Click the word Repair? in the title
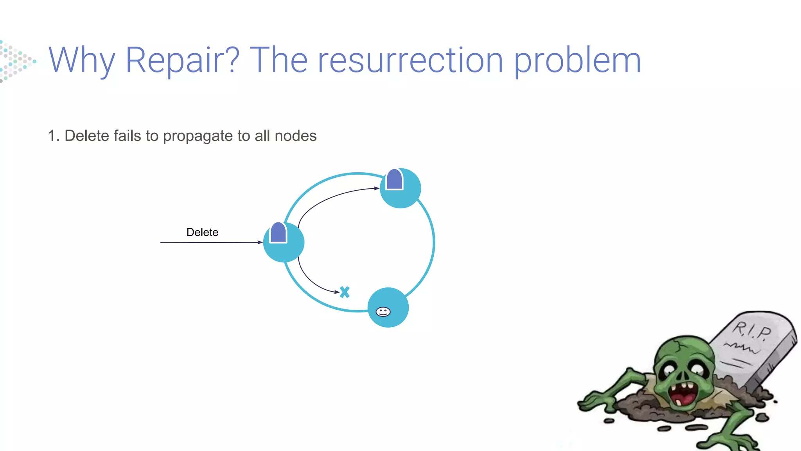[182, 61]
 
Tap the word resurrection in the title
[410, 61]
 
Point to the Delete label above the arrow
[202, 232]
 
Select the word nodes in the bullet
[296, 136]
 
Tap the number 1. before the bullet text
[54, 136]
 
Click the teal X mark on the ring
[345, 292]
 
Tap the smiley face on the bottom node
[383, 312]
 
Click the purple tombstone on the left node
[278, 233]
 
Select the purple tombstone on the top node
[394, 179]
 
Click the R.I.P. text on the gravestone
[751, 330]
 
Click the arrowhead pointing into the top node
[377, 188]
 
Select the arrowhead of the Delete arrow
[260, 242]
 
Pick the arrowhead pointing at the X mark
[337, 292]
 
